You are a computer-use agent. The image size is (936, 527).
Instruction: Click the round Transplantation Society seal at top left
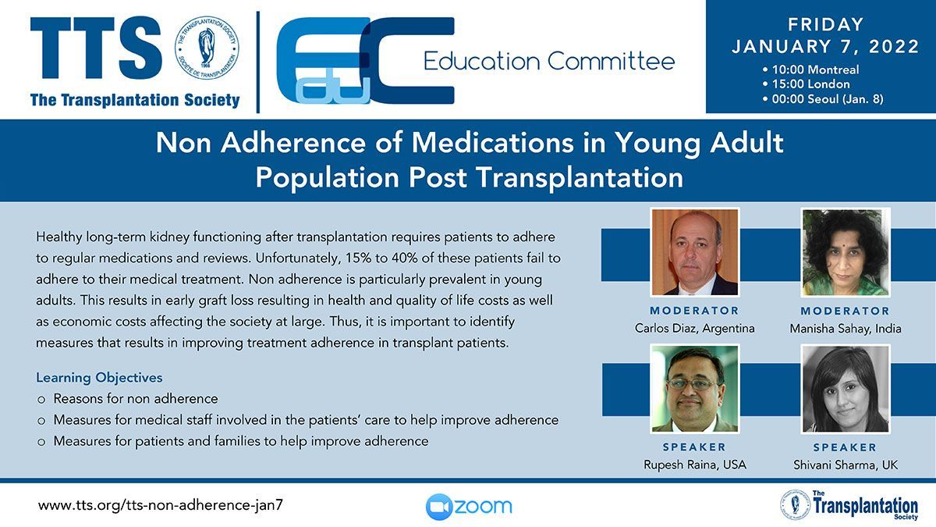(x=207, y=48)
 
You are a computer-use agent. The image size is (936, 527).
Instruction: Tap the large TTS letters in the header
(x=96, y=48)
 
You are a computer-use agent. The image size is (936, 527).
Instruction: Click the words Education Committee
(x=549, y=62)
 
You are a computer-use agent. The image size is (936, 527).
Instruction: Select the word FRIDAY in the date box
(x=826, y=24)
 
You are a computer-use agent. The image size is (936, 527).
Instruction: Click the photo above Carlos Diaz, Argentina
(x=695, y=252)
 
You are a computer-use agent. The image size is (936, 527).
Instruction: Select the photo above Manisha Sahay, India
(x=846, y=252)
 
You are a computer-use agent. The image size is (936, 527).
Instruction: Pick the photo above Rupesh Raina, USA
(x=695, y=389)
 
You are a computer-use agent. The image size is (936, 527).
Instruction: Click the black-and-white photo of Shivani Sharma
(x=846, y=389)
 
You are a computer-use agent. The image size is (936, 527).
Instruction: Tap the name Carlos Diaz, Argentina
(x=694, y=329)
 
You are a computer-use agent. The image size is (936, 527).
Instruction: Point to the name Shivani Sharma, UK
(x=846, y=465)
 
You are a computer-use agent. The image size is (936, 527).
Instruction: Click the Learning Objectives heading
(x=99, y=378)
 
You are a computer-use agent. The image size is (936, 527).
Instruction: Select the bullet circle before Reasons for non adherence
(x=41, y=400)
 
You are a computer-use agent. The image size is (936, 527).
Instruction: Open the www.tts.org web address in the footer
(x=161, y=505)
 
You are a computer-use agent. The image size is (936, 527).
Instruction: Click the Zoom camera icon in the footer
(x=438, y=507)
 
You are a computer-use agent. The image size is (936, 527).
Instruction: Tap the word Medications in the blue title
(x=493, y=143)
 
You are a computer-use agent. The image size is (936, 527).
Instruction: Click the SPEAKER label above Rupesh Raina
(x=694, y=447)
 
